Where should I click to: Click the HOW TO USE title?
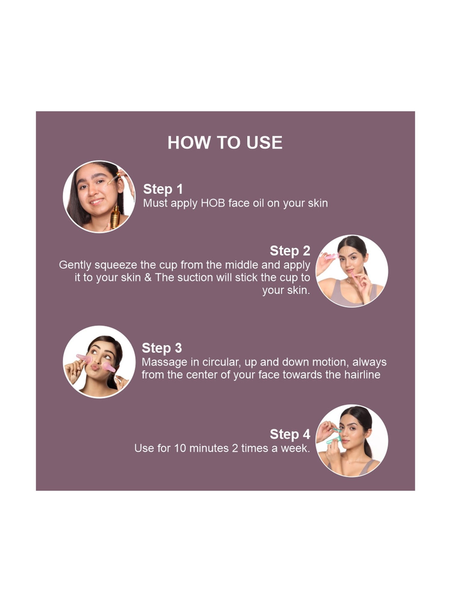(225, 142)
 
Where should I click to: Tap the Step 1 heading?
(163, 189)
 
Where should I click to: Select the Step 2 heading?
(290, 251)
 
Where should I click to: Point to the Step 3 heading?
(162, 348)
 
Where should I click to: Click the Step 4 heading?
(290, 434)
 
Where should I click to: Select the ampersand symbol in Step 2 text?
(148, 278)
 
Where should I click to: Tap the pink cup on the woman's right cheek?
(109, 367)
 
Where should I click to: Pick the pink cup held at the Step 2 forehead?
(331, 257)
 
